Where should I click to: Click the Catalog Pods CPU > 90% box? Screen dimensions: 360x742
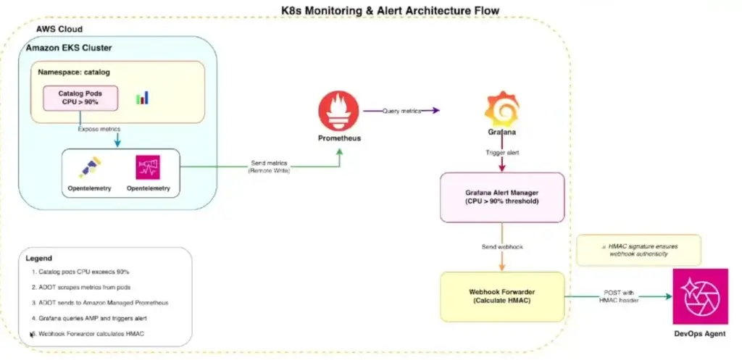80,97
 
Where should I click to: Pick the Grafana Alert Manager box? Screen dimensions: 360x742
502,197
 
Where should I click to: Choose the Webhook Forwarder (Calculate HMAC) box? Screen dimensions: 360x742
502,296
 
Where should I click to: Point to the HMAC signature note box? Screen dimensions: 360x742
638,250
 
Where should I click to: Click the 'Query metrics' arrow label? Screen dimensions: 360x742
402,110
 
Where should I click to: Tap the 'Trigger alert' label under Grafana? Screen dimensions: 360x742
501,153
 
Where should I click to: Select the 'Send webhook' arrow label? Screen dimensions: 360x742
501,248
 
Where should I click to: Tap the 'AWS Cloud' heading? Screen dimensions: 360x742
59,29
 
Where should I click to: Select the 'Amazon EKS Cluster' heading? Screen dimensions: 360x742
70,47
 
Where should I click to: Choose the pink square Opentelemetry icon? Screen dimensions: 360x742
148,168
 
